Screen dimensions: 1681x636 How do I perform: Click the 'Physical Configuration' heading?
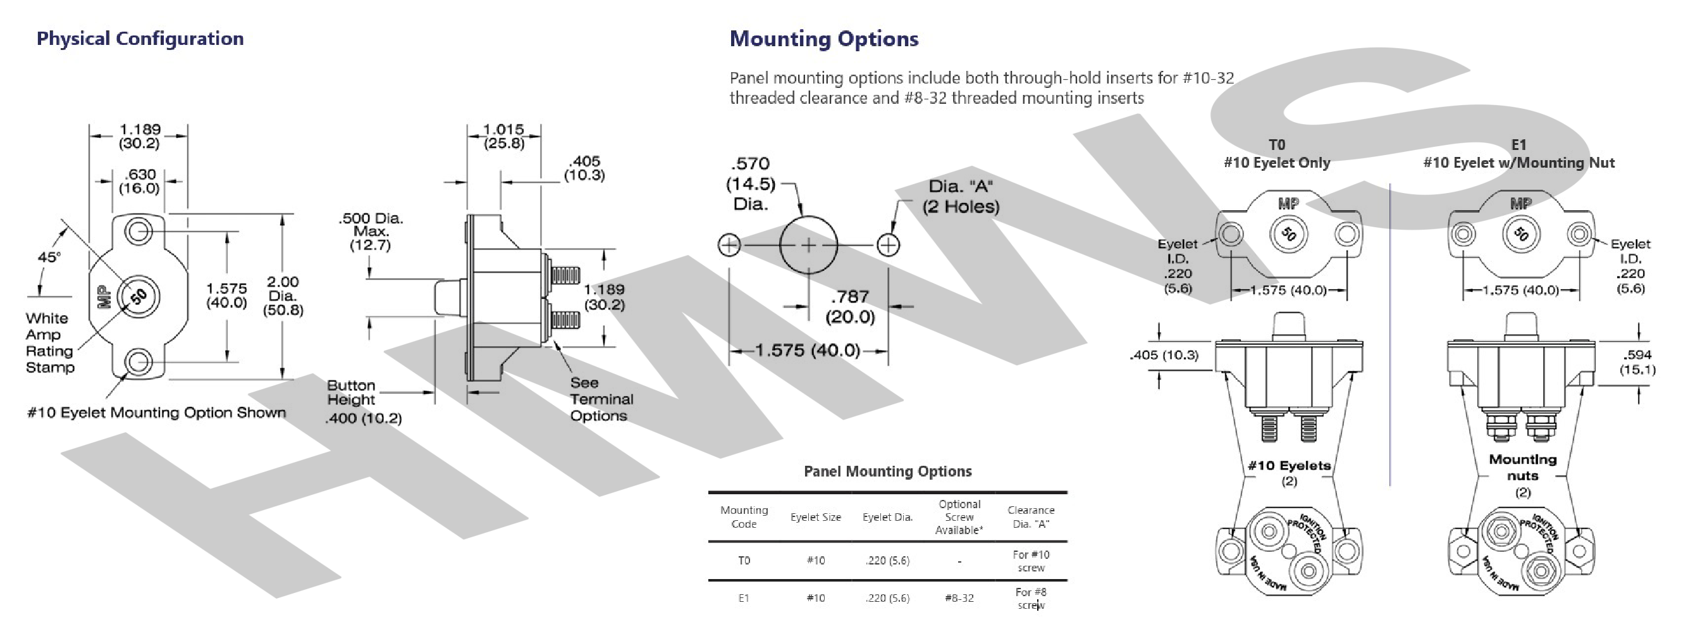pyautogui.click(x=140, y=39)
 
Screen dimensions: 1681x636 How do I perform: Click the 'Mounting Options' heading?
pyautogui.click(x=823, y=39)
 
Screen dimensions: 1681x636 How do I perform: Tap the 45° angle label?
pyautogui.click(x=49, y=258)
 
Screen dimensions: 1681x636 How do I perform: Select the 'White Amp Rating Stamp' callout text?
pyautogui.click(x=50, y=343)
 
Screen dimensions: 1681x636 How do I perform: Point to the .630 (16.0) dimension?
pyautogui.click(x=139, y=182)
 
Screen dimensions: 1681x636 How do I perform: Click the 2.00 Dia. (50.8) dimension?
pyautogui.click(x=283, y=296)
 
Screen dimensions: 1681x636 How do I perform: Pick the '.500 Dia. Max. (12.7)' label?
pyautogui.click(x=371, y=231)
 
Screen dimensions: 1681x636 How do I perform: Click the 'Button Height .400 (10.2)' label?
pyautogui.click(x=364, y=402)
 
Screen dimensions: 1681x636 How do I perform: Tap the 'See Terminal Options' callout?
pyautogui.click(x=601, y=399)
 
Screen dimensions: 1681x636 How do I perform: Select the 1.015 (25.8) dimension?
pyautogui.click(x=504, y=137)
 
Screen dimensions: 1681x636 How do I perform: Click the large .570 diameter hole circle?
pyautogui.click(x=808, y=217)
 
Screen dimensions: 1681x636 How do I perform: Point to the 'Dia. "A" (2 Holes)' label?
pyautogui.click(x=961, y=197)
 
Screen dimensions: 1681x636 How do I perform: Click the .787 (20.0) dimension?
pyautogui.click(x=849, y=307)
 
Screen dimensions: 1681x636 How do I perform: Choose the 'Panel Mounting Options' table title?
pyautogui.click(x=887, y=471)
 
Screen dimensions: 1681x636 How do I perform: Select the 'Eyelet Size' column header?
pyautogui.click(x=816, y=517)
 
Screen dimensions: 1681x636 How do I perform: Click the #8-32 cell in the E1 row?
pyautogui.click(x=959, y=598)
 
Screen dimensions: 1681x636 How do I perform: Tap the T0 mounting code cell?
pyautogui.click(x=744, y=560)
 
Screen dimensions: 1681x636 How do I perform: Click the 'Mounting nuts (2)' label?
pyautogui.click(x=1522, y=475)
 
